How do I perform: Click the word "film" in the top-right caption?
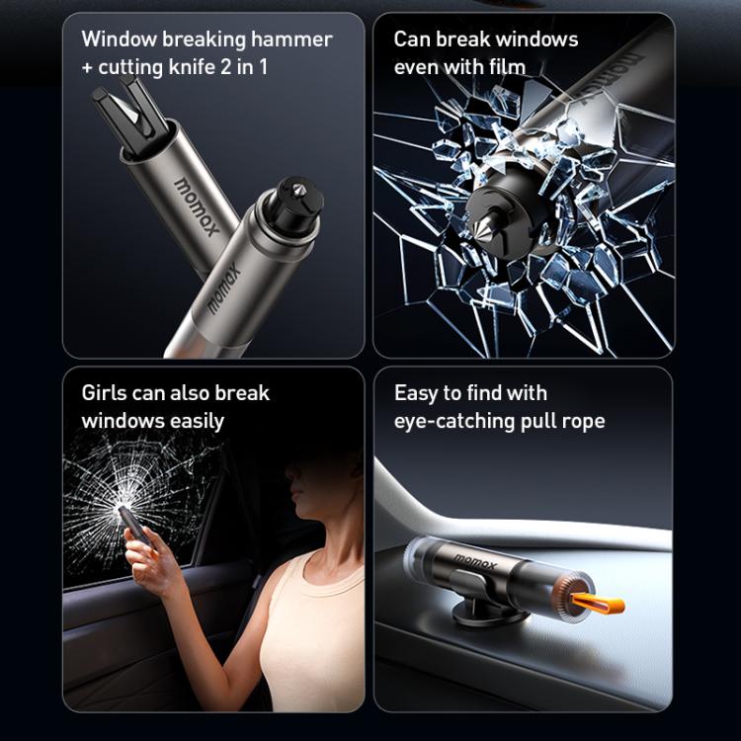505,67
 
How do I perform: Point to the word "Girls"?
105,393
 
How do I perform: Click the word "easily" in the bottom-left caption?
193,421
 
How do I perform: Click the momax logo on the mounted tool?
473,561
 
